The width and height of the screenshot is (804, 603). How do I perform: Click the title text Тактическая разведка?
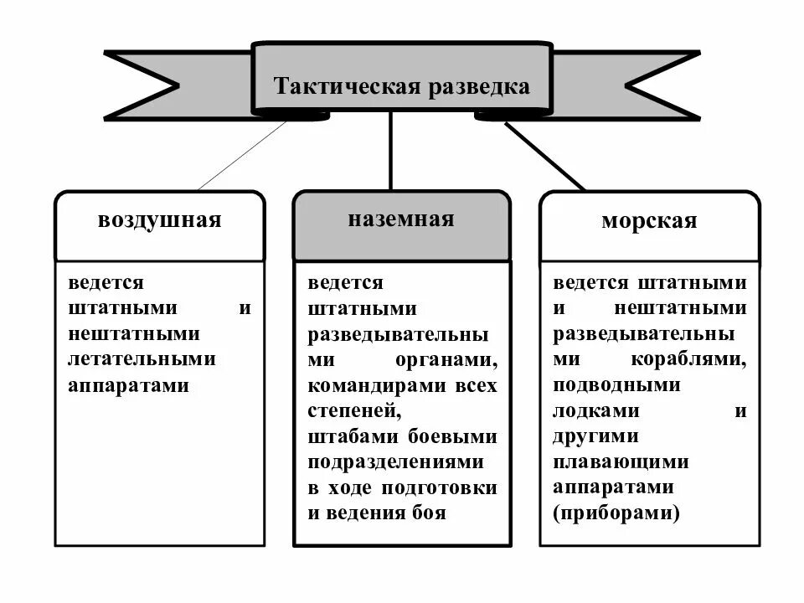point(402,86)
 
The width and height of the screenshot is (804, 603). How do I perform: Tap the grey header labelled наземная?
point(401,219)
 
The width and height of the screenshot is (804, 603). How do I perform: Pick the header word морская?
point(649,221)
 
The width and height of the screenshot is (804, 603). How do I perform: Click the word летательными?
point(142,359)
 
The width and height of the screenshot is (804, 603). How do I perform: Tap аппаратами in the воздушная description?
point(129,385)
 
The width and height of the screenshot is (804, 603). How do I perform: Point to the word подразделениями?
point(395,462)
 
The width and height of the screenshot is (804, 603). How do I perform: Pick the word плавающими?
point(621,462)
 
